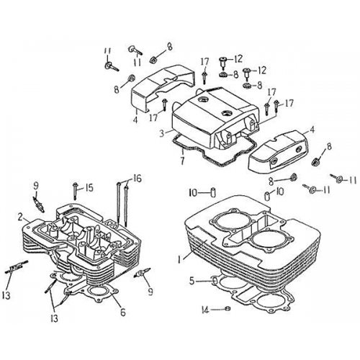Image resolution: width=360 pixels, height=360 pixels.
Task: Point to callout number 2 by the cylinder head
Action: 23,215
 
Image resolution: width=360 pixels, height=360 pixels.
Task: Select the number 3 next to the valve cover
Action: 163,132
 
